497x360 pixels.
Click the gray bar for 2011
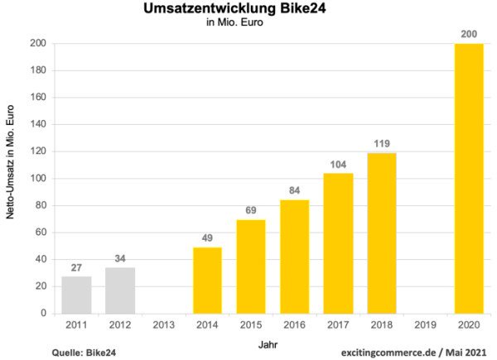click(76, 295)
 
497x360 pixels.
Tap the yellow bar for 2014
click(207, 281)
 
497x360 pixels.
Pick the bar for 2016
click(294, 257)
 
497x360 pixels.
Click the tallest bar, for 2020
click(469, 179)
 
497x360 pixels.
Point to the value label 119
click(382, 143)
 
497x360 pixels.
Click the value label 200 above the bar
click(469, 34)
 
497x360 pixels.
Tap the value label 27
click(76, 268)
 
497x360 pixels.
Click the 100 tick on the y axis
click(38, 179)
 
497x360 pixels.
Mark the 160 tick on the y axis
click(38, 98)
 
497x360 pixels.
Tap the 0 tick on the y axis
click(43, 314)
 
